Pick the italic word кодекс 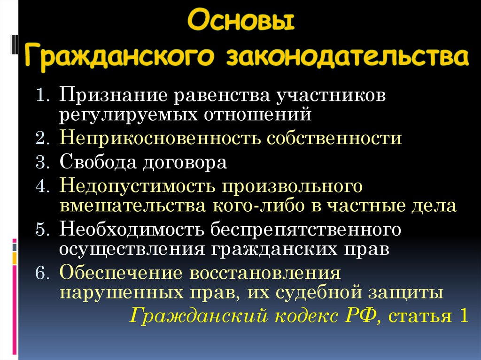(x=305, y=315)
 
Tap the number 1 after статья (x=463, y=315)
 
